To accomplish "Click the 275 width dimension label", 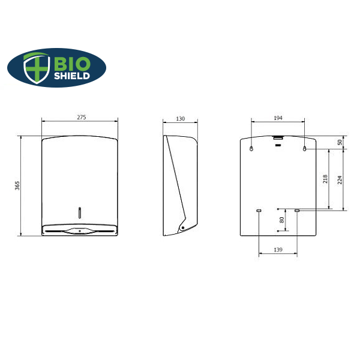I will pyautogui.click(x=82, y=118).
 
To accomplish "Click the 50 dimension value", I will pyautogui.click(x=340, y=142).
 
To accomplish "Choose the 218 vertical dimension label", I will pyautogui.click(x=325, y=179).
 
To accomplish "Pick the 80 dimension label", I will pyautogui.click(x=282, y=220).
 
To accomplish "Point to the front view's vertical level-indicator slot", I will pyautogui.click(x=80, y=211).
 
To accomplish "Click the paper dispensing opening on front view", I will pyautogui.click(x=80, y=230).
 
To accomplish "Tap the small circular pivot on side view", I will pyautogui.click(x=182, y=227).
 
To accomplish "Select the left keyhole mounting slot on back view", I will pyautogui.click(x=251, y=149).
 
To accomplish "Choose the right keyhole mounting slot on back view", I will pyautogui.click(x=305, y=149).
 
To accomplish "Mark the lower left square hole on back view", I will pyautogui.click(x=259, y=210).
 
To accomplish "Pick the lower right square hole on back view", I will pyautogui.click(x=297, y=210).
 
